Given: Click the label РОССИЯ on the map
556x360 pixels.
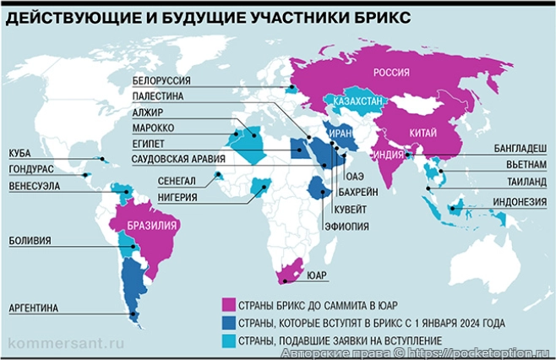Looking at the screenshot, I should [391, 72].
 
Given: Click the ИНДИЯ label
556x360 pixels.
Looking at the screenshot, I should [387, 155].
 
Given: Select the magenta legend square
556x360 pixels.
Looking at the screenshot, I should [226, 304].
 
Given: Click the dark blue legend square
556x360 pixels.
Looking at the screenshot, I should [226, 322].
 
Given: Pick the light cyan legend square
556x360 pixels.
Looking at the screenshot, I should [226, 340].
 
